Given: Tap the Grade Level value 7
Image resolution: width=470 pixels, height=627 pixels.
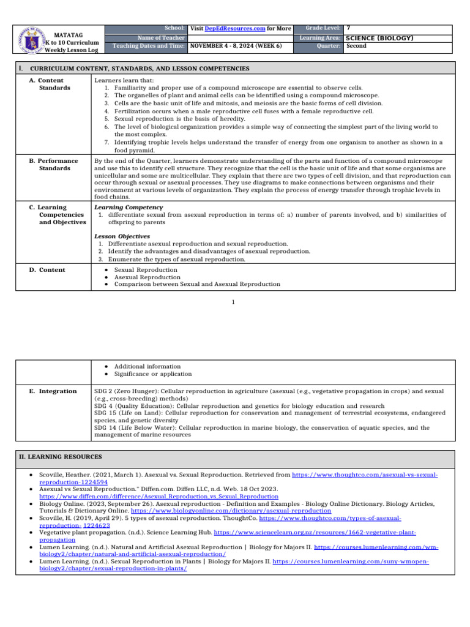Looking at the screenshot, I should point(349,28).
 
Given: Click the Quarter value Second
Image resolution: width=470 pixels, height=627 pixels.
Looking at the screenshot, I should point(356,46).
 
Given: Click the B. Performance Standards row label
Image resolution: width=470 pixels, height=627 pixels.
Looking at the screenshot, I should point(54,164).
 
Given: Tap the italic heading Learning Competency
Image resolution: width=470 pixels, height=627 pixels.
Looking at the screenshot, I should point(119,208).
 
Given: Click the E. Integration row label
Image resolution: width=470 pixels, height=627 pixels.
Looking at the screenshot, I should point(53,391).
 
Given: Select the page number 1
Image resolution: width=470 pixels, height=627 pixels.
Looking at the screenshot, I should point(234,302).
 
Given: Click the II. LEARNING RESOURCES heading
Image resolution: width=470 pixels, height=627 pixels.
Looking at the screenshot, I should point(59,457).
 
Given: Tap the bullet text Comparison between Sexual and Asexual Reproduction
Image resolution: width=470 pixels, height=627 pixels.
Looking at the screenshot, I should point(197,284).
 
